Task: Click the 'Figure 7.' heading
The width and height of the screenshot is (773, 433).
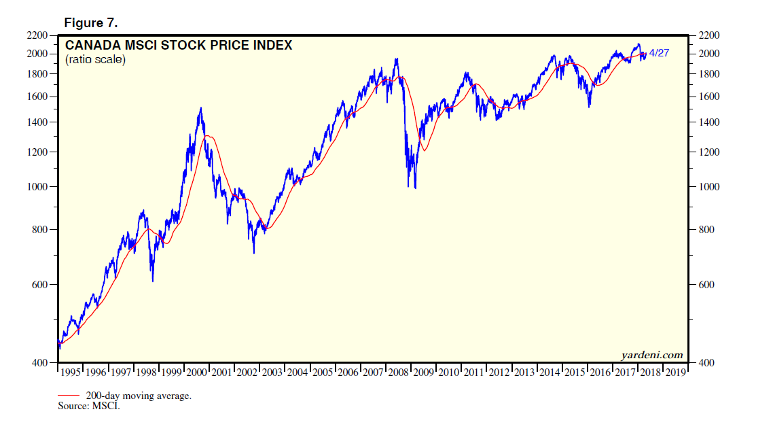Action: [x=90, y=23]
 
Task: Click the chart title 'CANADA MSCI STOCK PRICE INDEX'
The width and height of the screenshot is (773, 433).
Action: [x=179, y=46]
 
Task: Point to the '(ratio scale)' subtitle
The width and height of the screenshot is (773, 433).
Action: [x=95, y=60]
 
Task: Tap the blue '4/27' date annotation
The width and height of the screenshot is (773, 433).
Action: [x=659, y=52]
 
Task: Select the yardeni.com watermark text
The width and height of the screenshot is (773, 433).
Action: [x=651, y=355]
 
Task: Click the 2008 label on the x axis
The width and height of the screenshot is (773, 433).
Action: [x=399, y=372]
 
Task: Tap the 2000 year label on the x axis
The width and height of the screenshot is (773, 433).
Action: [x=197, y=372]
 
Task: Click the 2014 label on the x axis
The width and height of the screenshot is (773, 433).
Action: [x=550, y=372]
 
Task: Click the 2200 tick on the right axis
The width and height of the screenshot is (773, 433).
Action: [x=704, y=35]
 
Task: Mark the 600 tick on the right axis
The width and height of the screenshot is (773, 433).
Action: [x=702, y=285]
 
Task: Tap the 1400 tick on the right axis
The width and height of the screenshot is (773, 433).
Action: [x=704, y=122]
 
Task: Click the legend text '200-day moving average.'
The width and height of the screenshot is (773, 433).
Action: [x=139, y=396]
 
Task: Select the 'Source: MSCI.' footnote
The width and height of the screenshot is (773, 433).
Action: [x=89, y=406]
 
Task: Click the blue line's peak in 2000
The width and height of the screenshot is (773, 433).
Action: [x=200, y=107]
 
